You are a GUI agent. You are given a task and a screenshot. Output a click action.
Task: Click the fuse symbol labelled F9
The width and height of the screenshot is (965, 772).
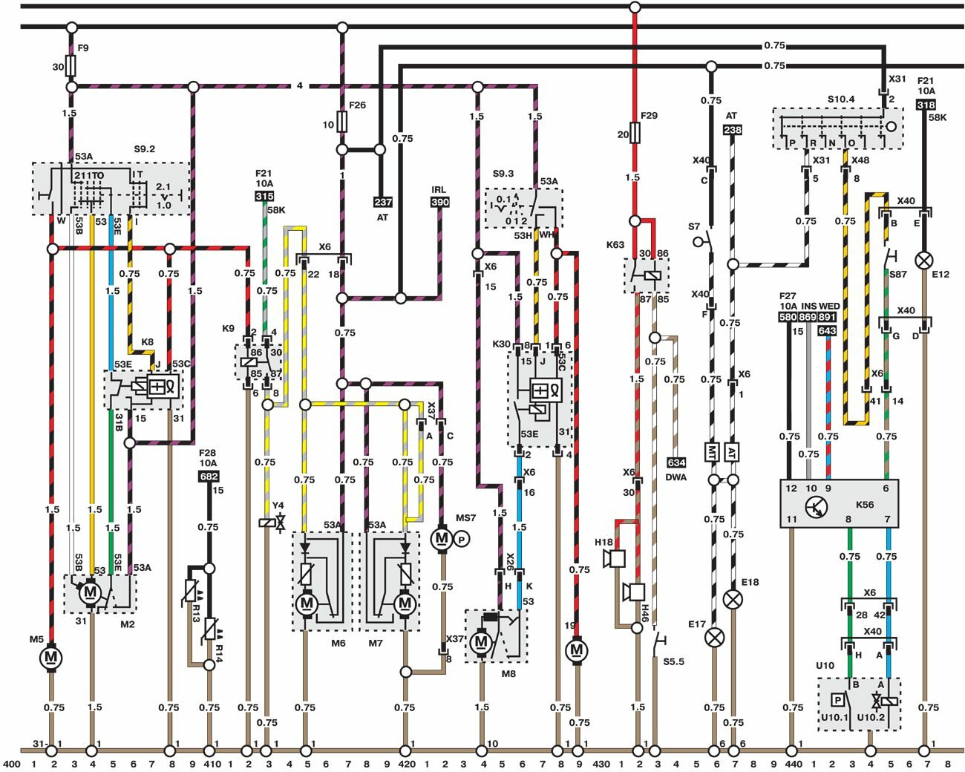click(x=71, y=67)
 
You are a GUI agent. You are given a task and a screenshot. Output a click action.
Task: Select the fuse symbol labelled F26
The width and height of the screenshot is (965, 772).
click(x=342, y=122)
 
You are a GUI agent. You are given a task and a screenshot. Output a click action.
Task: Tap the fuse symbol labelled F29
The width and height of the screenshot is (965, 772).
click(x=635, y=134)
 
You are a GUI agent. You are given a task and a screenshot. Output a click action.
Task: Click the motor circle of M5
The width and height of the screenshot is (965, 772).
click(x=51, y=658)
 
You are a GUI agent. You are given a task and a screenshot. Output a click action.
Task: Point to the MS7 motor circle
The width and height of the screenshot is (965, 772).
click(x=442, y=538)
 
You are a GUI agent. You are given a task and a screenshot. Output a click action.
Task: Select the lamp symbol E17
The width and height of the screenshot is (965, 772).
click(x=715, y=637)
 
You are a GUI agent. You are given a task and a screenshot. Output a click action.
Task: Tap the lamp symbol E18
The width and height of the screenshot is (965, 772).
click(x=733, y=599)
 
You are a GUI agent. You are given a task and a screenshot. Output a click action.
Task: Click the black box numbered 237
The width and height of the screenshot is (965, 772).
click(x=382, y=202)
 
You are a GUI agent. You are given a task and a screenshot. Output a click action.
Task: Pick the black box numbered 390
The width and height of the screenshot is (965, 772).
click(x=439, y=202)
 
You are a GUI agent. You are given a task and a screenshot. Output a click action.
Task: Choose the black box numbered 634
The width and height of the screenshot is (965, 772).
click(x=676, y=463)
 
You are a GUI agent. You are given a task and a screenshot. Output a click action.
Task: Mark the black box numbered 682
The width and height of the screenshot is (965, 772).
click(x=209, y=477)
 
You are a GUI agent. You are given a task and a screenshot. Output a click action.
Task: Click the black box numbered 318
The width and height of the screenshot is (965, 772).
click(x=926, y=105)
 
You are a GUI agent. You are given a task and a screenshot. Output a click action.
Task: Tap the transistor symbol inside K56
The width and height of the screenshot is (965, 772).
click(x=817, y=508)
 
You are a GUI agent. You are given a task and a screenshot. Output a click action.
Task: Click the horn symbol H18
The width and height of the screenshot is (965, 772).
click(x=616, y=559)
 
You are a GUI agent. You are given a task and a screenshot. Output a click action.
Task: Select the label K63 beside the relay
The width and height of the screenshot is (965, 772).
click(x=615, y=245)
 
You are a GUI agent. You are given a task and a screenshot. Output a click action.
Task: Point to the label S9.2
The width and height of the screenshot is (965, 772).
click(x=145, y=149)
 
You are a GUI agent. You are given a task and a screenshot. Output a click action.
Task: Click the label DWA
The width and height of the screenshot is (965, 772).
click(x=676, y=477)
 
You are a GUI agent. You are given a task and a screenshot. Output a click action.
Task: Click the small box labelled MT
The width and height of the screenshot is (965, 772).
click(x=713, y=451)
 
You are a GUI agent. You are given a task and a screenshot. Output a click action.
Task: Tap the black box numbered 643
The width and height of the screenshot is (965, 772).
click(x=827, y=331)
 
